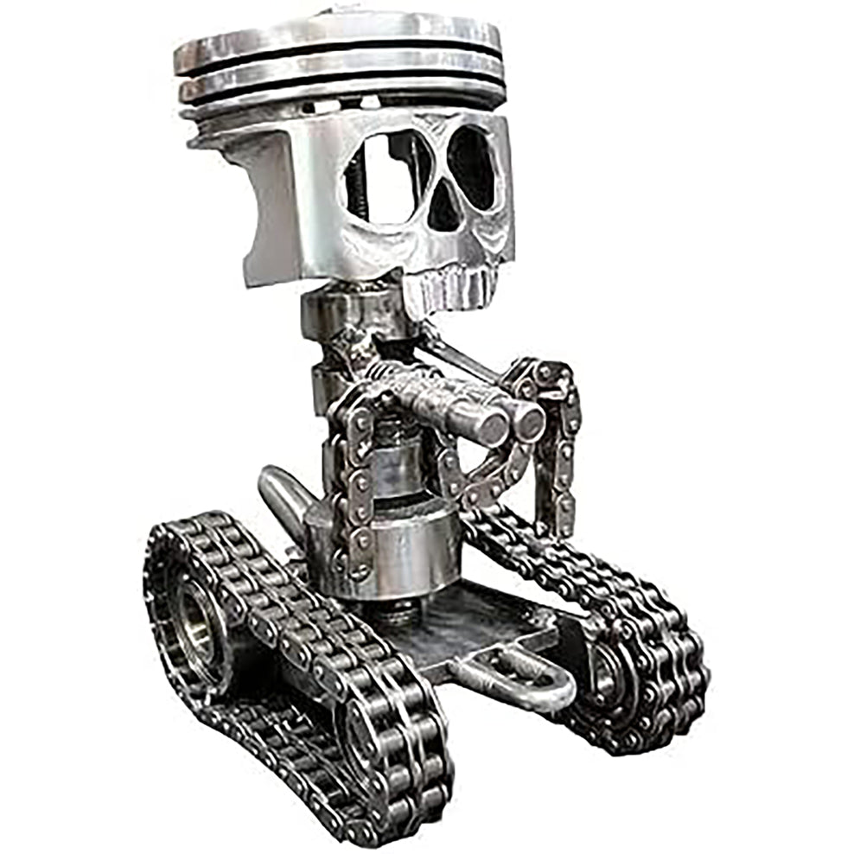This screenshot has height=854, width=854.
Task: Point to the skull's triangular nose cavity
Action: coord(446,208)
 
